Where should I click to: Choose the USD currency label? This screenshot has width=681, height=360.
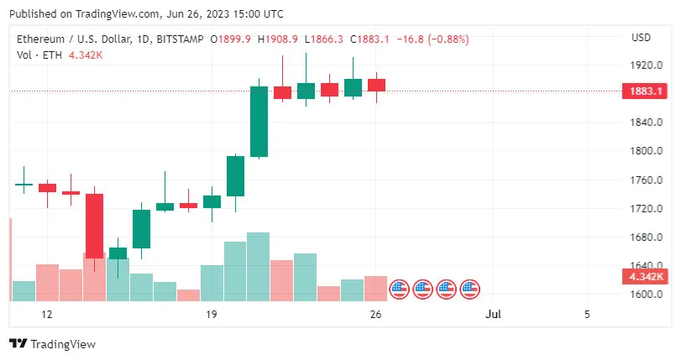pyautogui.click(x=641, y=38)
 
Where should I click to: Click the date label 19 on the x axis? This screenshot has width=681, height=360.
pyautogui.click(x=212, y=315)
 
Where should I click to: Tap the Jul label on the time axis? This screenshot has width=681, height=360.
pyautogui.click(x=493, y=315)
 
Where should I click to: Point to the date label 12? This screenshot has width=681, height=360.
pyautogui.click(x=47, y=315)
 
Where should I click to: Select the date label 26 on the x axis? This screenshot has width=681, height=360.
pyautogui.click(x=376, y=315)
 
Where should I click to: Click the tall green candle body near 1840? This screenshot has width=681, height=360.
pyautogui.click(x=259, y=122)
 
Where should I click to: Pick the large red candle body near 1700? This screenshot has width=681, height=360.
pyautogui.click(x=94, y=225)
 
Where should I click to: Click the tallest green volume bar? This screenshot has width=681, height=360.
pyautogui.click(x=259, y=266)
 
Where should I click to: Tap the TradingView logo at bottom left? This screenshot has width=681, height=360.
pyautogui.click(x=52, y=344)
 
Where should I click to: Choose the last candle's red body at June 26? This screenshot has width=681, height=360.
pyautogui.click(x=376, y=85)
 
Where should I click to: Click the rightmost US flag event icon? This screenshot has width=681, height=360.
pyautogui.click(x=469, y=290)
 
